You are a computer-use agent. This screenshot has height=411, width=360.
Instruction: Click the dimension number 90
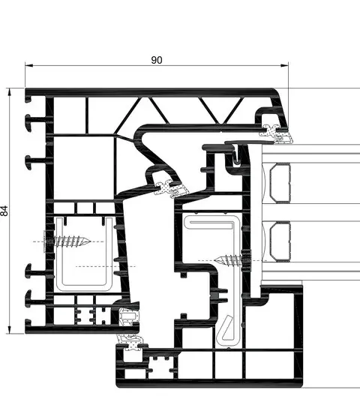[x=157, y=60]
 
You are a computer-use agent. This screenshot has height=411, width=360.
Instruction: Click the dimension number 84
[x=4, y=211]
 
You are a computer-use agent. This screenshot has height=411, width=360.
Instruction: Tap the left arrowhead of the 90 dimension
[x=29, y=65]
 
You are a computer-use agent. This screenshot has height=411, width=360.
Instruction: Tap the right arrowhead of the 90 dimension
[x=284, y=65]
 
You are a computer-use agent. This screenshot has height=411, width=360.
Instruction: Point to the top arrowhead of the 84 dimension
[x=10, y=92]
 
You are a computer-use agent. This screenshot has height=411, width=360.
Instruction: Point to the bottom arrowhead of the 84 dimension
[x=10, y=330]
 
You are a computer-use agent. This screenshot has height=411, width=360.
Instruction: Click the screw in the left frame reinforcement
[x=67, y=241]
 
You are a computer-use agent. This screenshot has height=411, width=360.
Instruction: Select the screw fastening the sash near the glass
[x=232, y=260]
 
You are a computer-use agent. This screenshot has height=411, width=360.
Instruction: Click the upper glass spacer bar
[x=280, y=183]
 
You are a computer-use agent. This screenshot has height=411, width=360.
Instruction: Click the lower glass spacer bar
[x=280, y=241]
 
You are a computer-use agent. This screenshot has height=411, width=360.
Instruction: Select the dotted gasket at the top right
[x=275, y=134]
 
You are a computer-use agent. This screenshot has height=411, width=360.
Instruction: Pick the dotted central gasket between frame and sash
[x=171, y=189]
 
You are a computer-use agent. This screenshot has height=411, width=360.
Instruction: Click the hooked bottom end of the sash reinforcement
[x=226, y=331]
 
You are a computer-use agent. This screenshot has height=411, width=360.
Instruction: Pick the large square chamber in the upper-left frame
[x=84, y=167]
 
